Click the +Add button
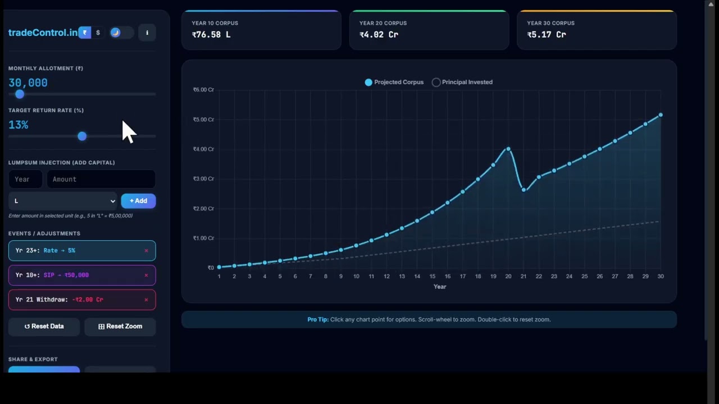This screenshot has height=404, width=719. pos(138,201)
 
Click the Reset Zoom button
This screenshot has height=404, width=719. pos(120,326)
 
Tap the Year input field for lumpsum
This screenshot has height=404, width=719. pos(25,179)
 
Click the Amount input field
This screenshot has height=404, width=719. pos(101,179)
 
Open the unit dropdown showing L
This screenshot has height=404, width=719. pos(63,201)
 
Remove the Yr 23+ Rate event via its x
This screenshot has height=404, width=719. pos(146,251)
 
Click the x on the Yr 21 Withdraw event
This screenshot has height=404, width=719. pos(146,300)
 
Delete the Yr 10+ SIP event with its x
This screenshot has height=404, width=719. pos(146,275)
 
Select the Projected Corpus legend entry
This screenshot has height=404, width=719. pos(394,82)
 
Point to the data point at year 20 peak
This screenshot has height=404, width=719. pos(508,149)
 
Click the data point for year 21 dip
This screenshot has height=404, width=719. pos(524,190)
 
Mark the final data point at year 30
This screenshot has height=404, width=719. pos(661,115)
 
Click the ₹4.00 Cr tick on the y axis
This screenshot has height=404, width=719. pos(203,149)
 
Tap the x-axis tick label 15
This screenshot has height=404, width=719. pos(432,276)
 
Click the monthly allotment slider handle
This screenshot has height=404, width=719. pos(20,94)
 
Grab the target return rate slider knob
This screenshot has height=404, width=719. pos(82,136)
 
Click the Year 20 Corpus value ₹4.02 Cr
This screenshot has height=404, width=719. pos(379,35)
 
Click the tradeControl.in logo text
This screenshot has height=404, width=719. pos(43,33)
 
